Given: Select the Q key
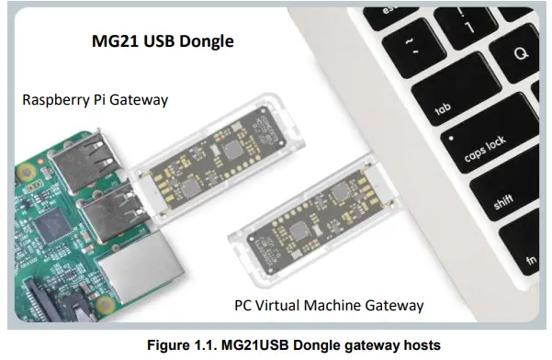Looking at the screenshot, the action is pos(522,53).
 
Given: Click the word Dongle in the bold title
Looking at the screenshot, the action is pos(205,41).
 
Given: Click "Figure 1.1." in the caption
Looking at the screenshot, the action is pos(183,344).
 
